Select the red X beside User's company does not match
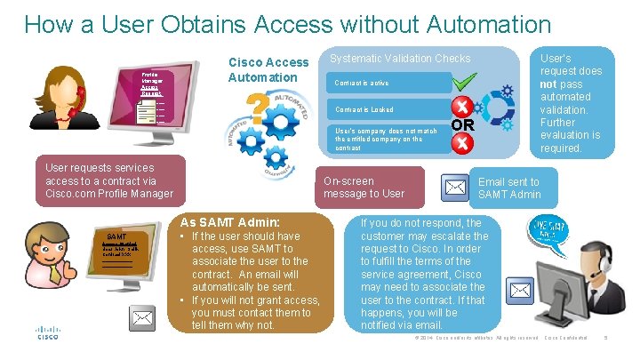click(x=461, y=140)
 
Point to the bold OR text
click(x=462, y=125)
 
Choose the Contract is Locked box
click(x=382, y=109)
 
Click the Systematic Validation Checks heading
click(x=400, y=59)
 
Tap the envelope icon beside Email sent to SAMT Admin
click(x=455, y=187)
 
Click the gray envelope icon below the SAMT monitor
click(x=143, y=317)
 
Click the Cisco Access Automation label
click(x=268, y=70)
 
